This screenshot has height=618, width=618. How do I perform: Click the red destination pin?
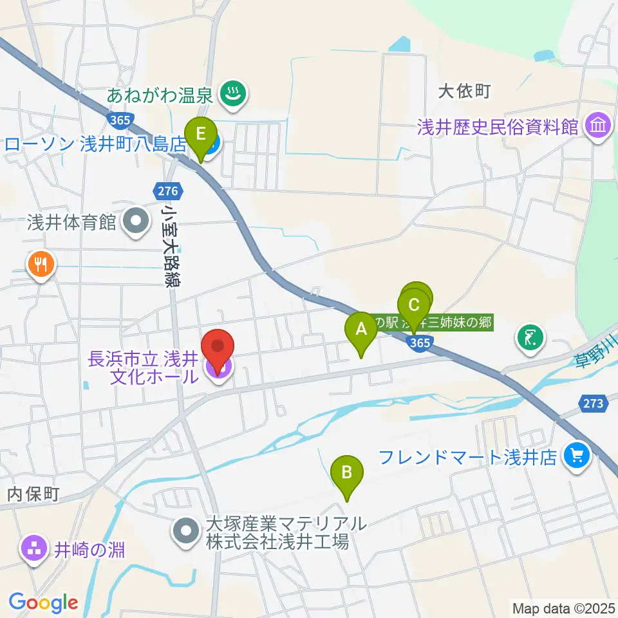pos(218,351)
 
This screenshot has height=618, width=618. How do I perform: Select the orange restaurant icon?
pos(41,264)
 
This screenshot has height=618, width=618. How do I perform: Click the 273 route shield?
pos(594,404)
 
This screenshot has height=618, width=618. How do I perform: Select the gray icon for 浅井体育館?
pos(135,223)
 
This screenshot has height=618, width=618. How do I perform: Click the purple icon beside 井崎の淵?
pos(33,549)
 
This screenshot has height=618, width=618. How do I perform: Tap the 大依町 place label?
pos(464,92)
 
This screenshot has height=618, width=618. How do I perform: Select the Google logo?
pos(43,603)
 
